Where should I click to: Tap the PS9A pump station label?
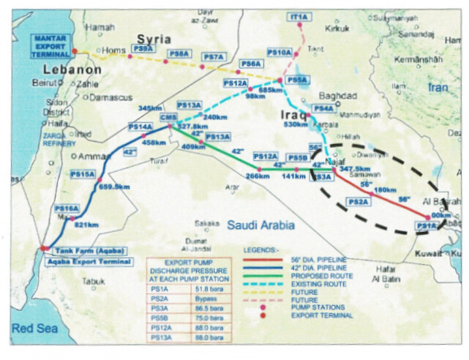[143, 48]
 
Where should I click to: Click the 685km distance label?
[271, 89]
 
